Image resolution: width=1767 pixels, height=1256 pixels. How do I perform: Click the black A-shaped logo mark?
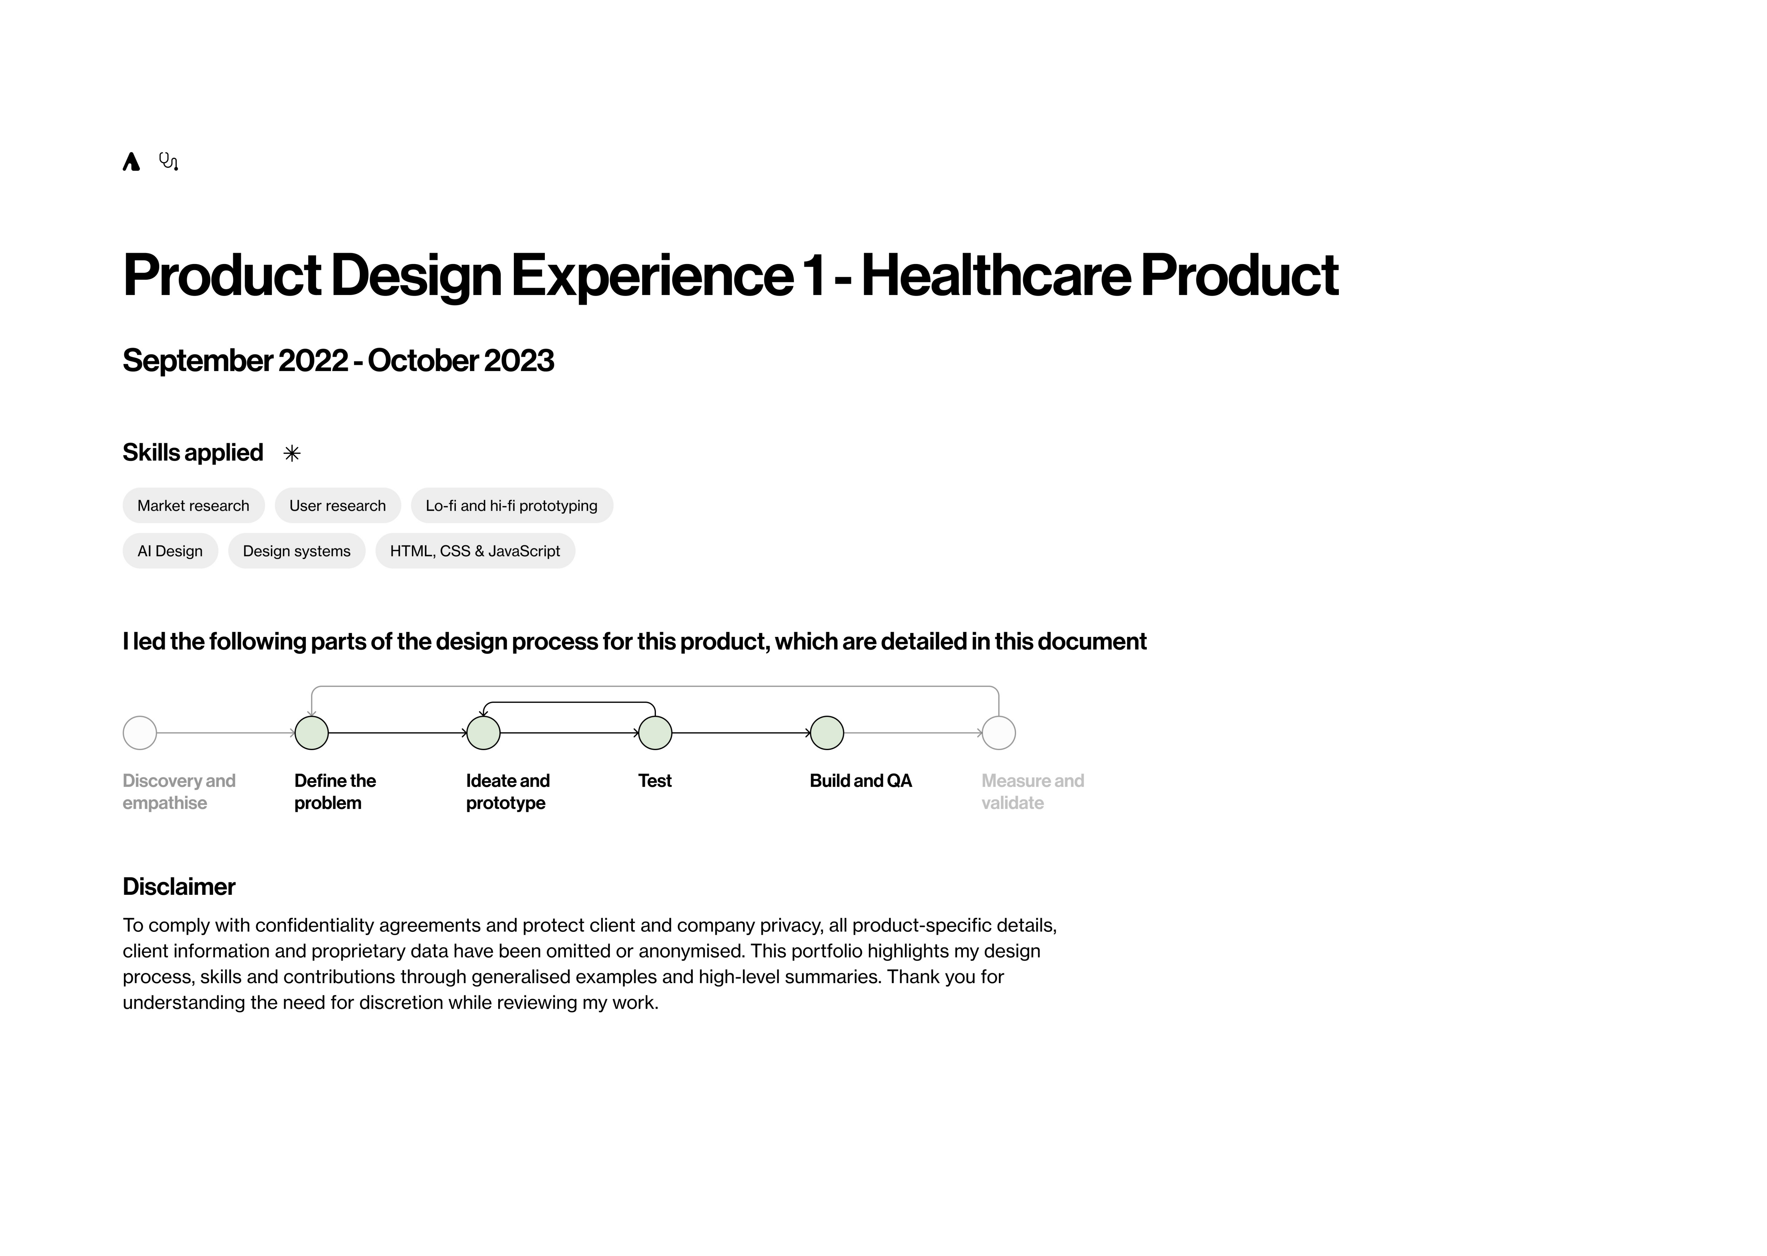tap(132, 162)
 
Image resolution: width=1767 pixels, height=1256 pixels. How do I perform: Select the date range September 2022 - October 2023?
tap(338, 360)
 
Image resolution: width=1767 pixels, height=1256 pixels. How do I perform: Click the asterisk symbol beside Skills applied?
tap(292, 453)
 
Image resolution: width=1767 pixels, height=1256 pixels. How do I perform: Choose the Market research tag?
tap(193, 506)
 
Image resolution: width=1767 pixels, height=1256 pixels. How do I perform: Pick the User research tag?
tap(337, 506)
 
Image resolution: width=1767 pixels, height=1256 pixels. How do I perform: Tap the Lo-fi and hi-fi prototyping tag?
tap(511, 506)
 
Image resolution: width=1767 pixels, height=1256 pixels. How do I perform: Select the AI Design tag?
tap(170, 551)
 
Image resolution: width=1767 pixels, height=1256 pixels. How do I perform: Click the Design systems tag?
tap(296, 551)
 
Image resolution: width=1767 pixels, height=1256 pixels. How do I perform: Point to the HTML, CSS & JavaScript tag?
tap(475, 551)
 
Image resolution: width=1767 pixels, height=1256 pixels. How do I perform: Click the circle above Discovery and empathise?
tap(140, 732)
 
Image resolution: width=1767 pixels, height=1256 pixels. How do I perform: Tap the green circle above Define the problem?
tap(312, 732)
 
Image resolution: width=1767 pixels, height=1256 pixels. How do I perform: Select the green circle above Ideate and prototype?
tap(484, 732)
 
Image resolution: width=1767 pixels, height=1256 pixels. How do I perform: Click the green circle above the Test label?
tap(655, 732)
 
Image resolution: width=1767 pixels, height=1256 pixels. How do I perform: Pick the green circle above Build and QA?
tap(827, 732)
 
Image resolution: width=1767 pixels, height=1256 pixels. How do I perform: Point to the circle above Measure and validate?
tap(999, 732)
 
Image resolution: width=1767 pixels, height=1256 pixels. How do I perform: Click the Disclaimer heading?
tap(179, 886)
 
